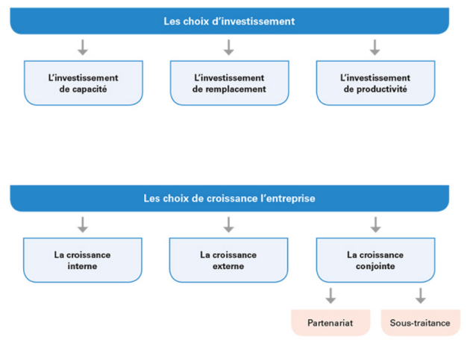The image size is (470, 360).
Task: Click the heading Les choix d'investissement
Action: [229, 21]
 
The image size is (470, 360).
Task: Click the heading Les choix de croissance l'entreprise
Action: [229, 198]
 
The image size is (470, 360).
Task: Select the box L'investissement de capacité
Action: [84, 83]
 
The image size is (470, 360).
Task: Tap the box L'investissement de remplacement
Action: [229, 83]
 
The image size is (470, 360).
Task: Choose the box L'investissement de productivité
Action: [375, 83]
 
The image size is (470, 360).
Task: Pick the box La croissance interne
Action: [82, 260]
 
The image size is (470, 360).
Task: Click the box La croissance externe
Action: [228, 260]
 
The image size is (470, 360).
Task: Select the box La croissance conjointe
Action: [375, 260]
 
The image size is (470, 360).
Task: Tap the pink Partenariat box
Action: [330, 323]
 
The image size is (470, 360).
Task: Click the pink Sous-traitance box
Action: [420, 323]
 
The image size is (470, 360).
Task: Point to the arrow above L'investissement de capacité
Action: [83, 47]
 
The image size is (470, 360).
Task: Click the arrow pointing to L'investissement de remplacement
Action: [229, 47]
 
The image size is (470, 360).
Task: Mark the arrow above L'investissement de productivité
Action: [375, 47]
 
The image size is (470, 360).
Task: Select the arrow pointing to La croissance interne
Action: [83, 225]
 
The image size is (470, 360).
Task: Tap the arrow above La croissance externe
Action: [229, 225]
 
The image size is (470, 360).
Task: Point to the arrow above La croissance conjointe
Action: [375, 225]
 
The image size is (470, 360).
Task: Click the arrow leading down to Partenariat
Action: [330, 296]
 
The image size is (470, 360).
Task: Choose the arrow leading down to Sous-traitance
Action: [421, 296]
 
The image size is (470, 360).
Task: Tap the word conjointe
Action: [375, 266]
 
